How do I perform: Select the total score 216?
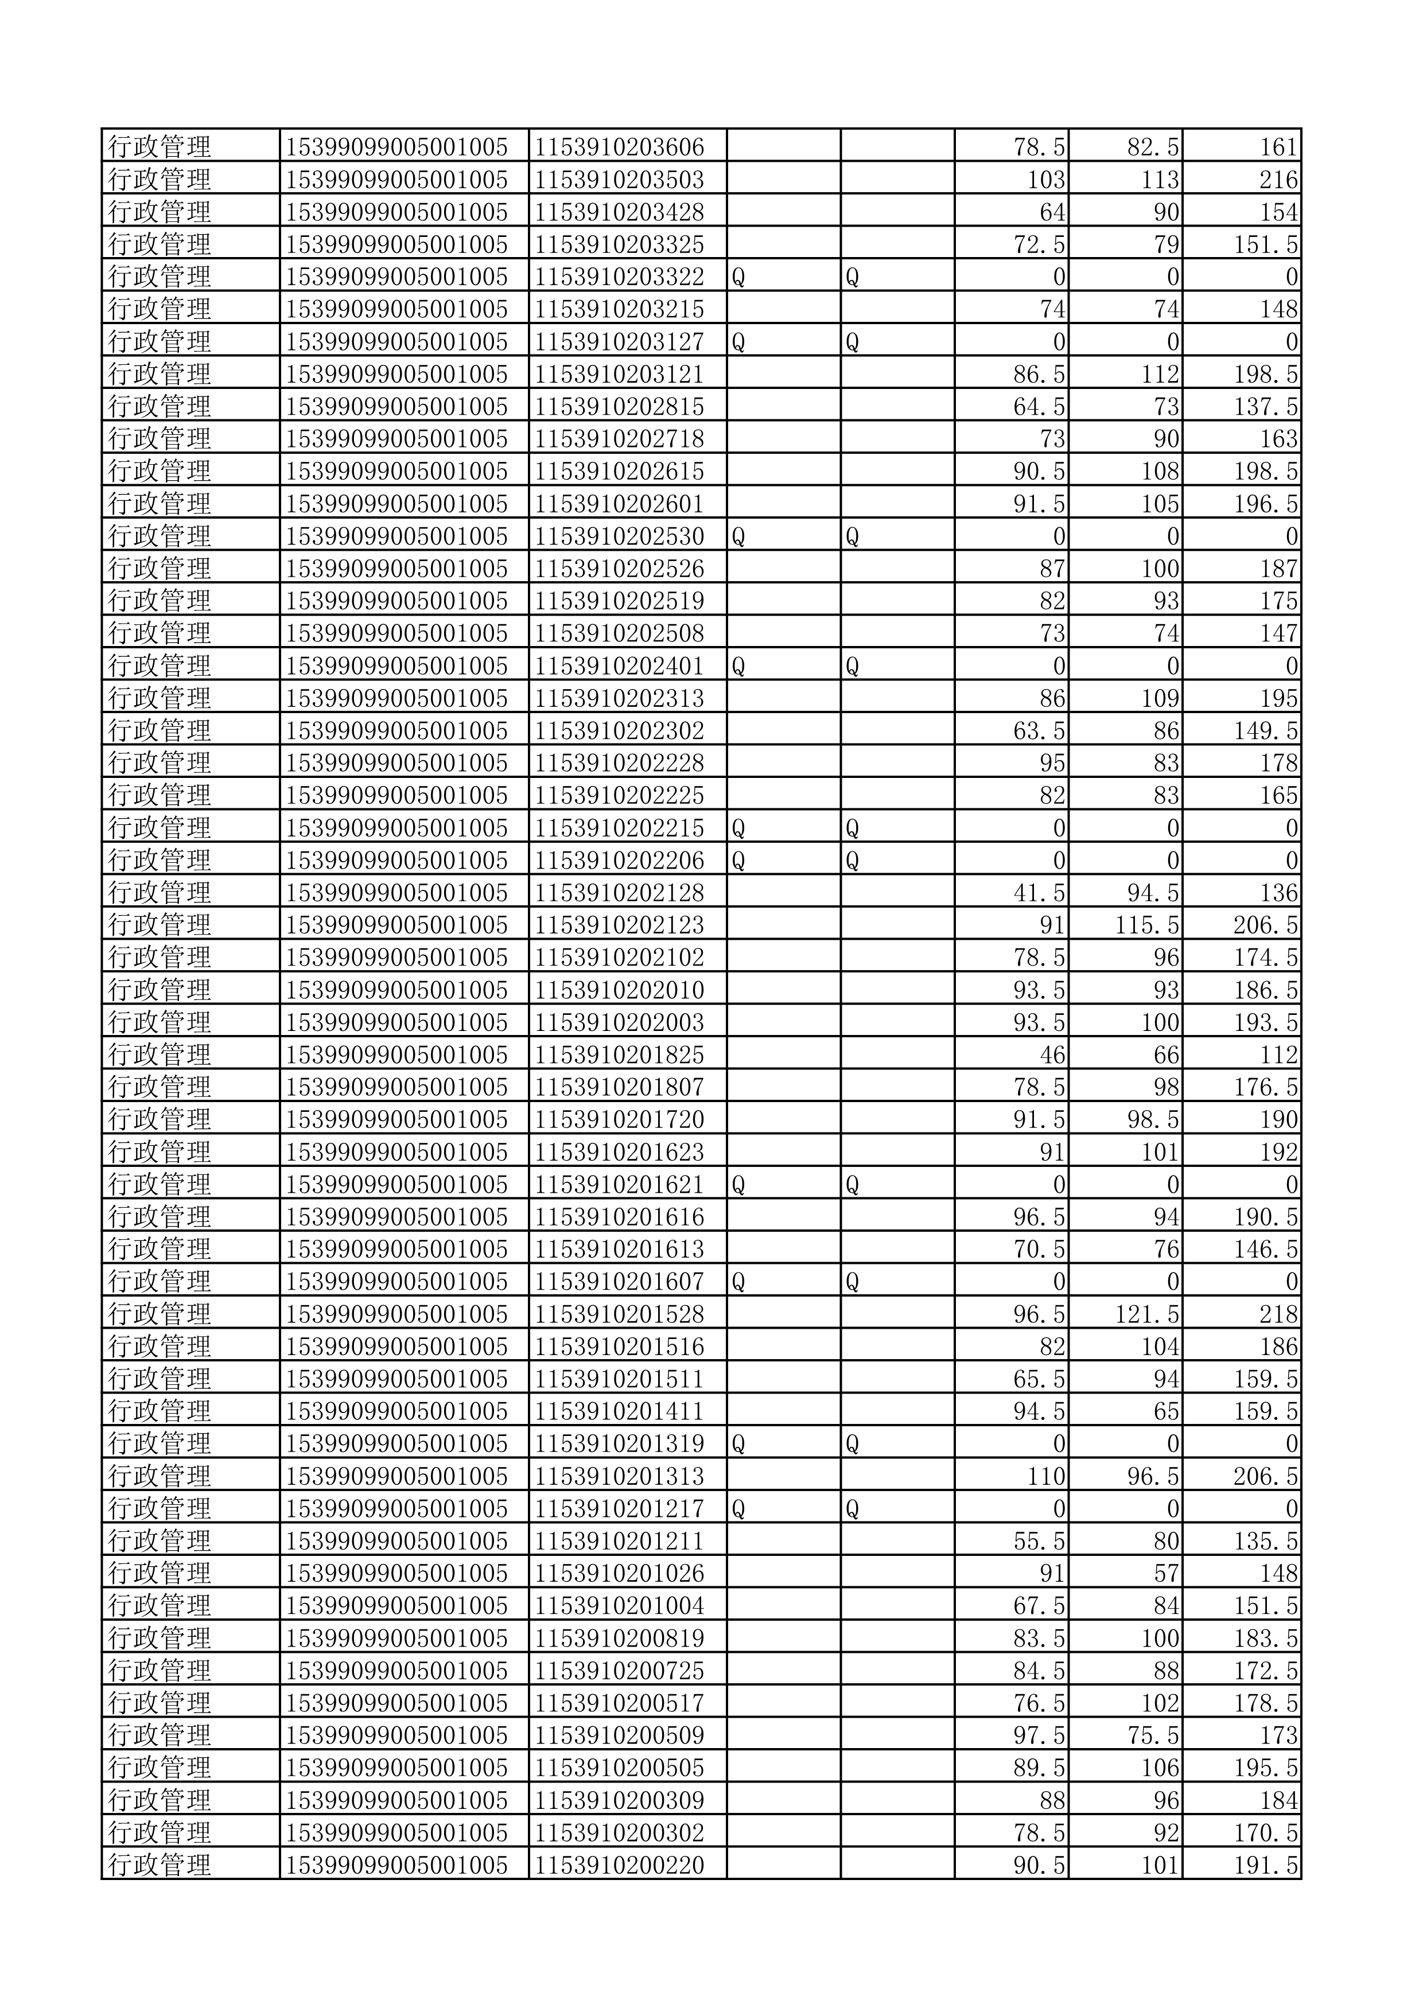click(x=1278, y=180)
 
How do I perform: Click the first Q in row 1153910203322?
click(x=738, y=277)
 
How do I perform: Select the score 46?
click(x=1052, y=1055)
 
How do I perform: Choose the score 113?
click(x=1159, y=180)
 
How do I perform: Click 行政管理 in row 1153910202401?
click(x=160, y=666)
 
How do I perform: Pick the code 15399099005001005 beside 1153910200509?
click(x=396, y=1736)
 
